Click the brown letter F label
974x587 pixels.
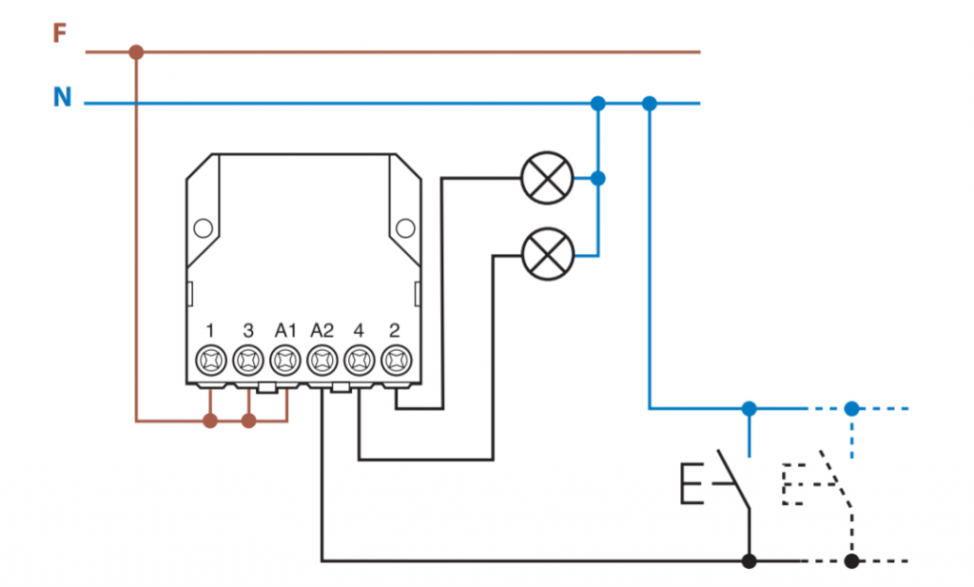60,34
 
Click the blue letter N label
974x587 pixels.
62,97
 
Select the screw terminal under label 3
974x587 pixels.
247,361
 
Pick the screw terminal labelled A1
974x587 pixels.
284,361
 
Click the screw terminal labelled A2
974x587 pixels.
321,361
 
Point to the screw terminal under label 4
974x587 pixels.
359,361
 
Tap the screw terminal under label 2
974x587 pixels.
396,361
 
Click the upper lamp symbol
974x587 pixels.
548,178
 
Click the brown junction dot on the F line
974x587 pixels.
136,51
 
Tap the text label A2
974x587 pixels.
321,330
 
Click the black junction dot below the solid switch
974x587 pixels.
750,560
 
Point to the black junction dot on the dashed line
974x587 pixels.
851,560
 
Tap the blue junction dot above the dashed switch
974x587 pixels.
851,408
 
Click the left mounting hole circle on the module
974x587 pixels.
202,228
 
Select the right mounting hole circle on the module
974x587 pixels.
405,228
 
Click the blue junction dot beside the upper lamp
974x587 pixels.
598,178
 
